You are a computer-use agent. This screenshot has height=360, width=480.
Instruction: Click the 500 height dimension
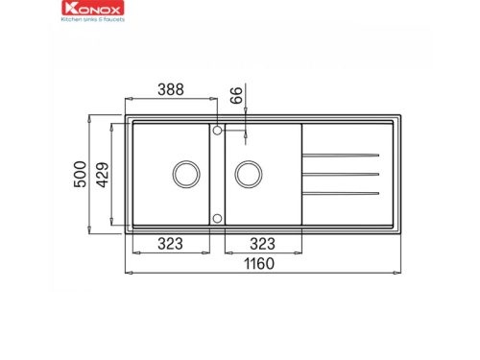tap(81, 173)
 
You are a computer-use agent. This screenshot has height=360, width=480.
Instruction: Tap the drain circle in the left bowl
tap(186, 174)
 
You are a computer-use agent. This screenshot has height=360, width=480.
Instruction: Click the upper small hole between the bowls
tap(218, 129)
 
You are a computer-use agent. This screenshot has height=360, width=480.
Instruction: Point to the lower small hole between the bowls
tap(218, 218)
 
